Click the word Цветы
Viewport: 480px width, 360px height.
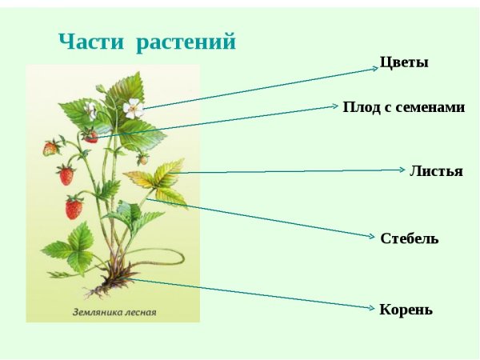click(x=404, y=62)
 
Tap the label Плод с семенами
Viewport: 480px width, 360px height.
click(x=403, y=106)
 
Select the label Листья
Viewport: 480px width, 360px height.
click(x=436, y=171)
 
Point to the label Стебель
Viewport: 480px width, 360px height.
click(x=410, y=238)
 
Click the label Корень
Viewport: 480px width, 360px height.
click(x=406, y=310)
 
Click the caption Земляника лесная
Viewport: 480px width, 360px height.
click(x=114, y=312)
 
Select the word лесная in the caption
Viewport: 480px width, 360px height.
click(x=139, y=312)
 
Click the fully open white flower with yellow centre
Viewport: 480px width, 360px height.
click(x=132, y=106)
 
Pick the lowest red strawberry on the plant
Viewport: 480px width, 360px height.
click(x=74, y=208)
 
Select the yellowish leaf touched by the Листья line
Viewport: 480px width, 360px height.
click(x=166, y=176)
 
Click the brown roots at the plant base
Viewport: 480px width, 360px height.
click(x=112, y=284)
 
